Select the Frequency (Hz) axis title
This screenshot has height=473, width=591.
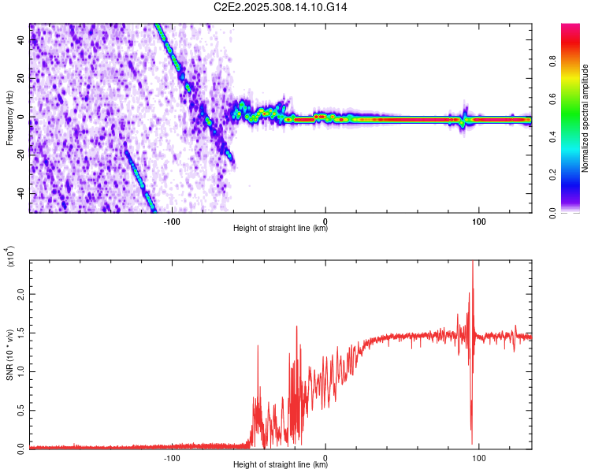[x=9, y=118]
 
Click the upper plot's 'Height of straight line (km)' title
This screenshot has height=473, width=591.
[x=281, y=229]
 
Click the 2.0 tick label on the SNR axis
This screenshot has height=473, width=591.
[x=20, y=293]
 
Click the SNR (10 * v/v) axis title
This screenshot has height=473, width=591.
[x=9, y=355]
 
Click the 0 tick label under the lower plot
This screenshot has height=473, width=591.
[x=326, y=457]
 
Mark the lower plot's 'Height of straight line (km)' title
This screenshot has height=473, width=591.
[x=281, y=465]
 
